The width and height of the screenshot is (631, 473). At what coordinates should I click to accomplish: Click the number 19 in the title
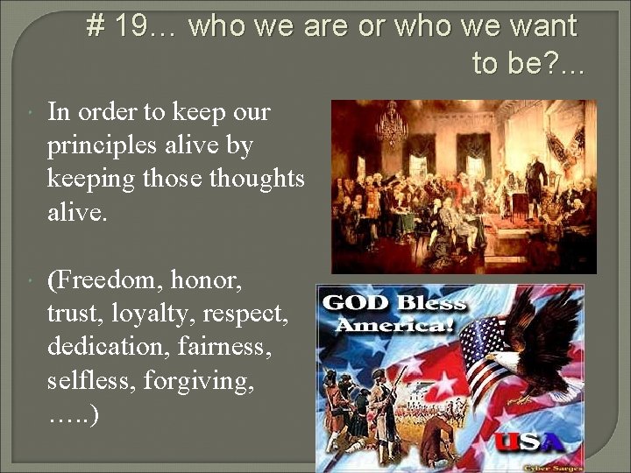point(131,27)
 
